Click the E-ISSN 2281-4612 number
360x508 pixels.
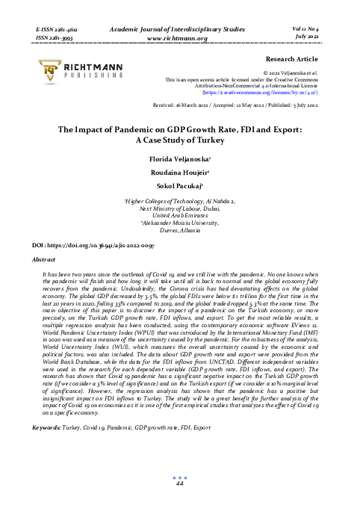[x=58, y=26]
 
